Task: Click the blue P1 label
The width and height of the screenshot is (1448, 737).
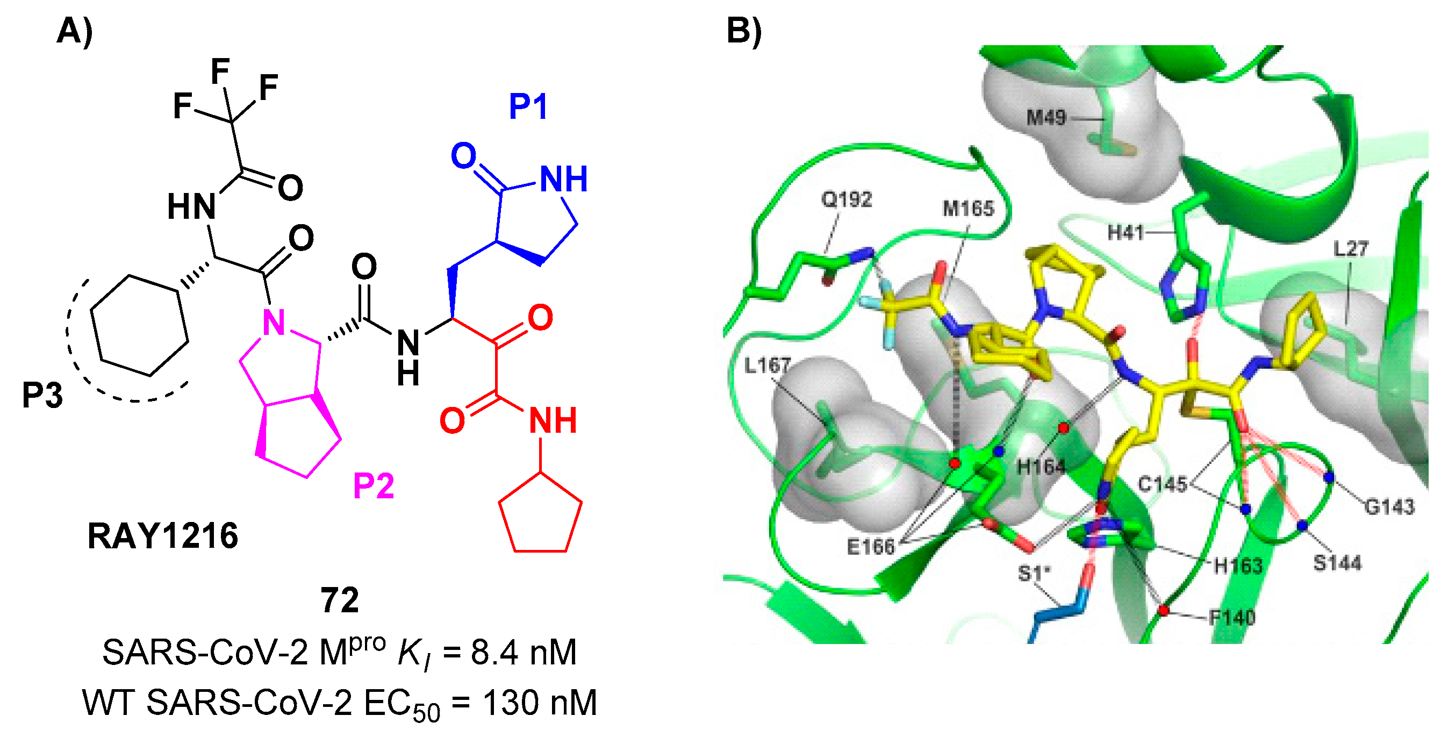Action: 527,106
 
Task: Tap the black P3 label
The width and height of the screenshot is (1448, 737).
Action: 42,395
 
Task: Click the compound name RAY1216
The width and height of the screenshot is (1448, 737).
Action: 162,536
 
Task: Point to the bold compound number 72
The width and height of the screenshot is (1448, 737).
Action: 340,600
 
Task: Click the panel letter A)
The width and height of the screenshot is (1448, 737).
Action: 75,31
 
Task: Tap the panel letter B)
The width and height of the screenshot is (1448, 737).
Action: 744,31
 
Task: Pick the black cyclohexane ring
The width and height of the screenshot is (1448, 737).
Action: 139,325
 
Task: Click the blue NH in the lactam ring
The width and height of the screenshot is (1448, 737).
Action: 563,179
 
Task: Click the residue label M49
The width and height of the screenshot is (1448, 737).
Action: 1046,118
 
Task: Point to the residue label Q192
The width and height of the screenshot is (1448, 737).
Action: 847,199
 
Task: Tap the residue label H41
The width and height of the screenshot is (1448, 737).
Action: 1126,232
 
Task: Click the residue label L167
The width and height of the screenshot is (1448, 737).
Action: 768,366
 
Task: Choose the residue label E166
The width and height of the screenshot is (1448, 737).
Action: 870,546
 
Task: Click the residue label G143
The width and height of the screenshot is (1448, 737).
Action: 1389,507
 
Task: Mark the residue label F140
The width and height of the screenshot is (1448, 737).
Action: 1232,618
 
